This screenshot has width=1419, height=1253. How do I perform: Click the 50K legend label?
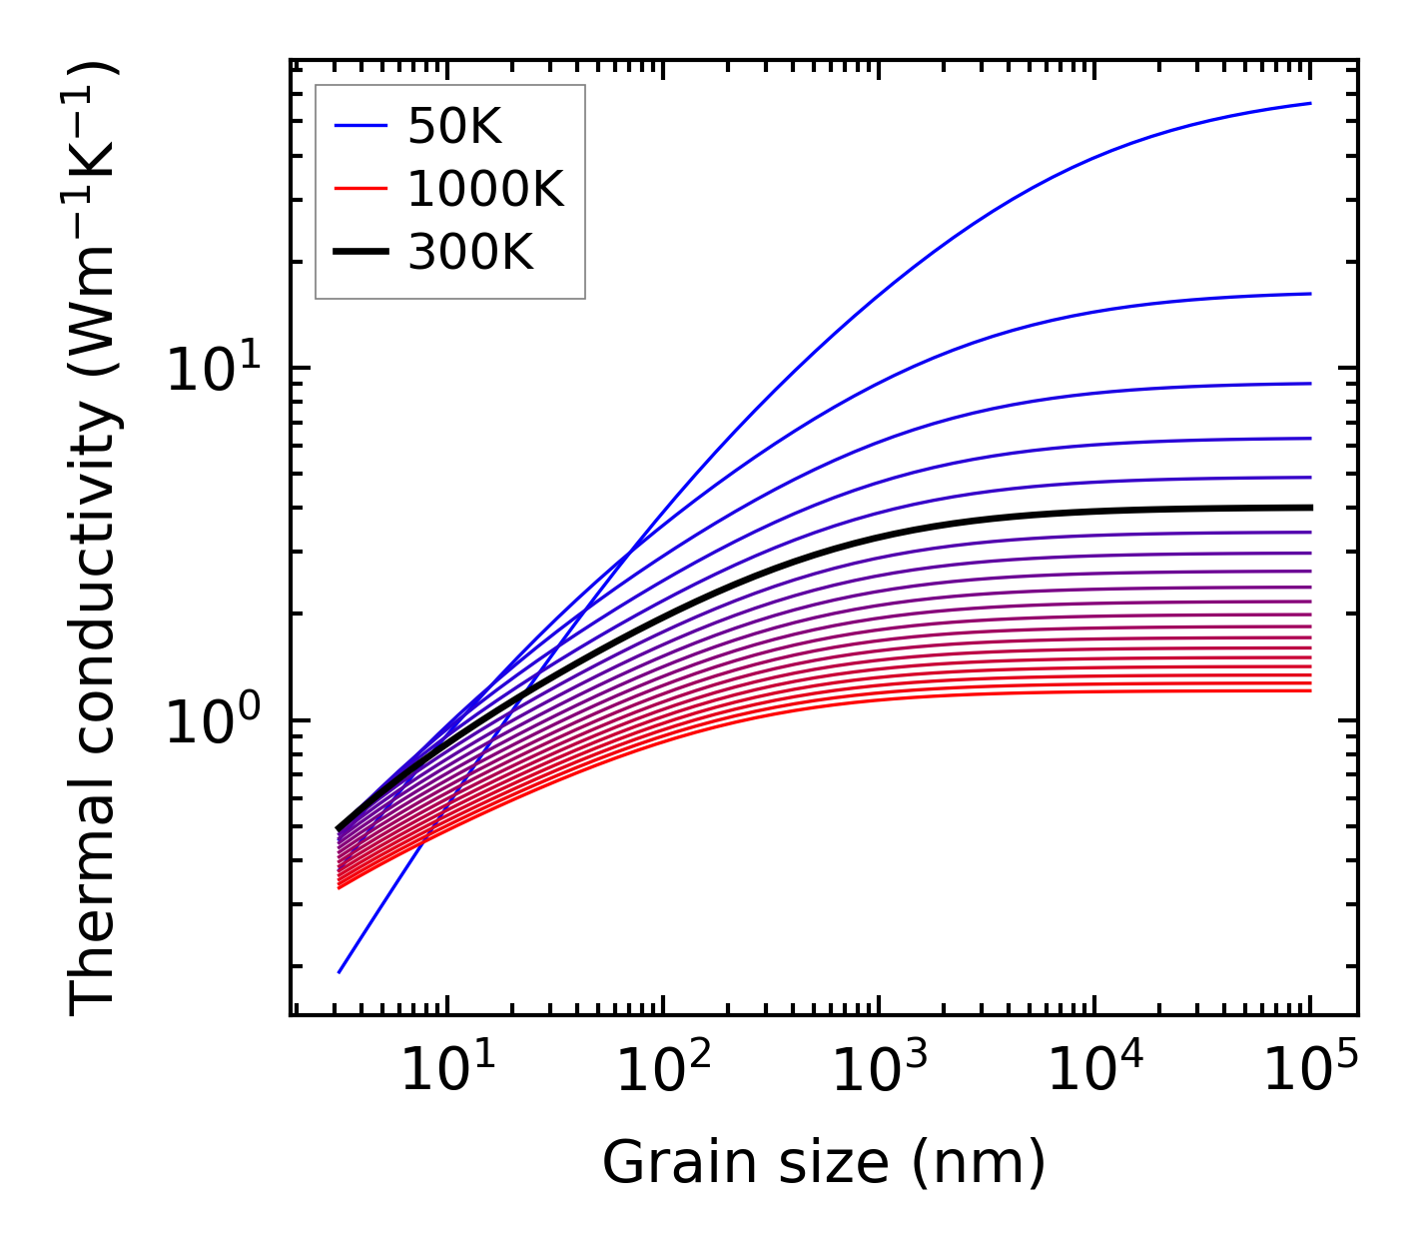coord(454,127)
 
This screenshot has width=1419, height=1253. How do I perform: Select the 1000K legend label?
coord(485,189)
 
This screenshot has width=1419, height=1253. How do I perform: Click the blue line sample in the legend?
coord(359,126)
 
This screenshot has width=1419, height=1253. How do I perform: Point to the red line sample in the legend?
coord(359,189)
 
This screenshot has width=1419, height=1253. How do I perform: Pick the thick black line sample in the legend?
coord(359,253)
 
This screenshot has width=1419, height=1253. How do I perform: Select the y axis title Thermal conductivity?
coord(95,540)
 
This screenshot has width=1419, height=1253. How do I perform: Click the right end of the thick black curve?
coord(1309,508)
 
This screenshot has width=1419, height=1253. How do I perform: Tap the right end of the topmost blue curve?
coord(1309,103)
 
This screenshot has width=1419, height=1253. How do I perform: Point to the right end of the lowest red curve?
coord(1309,690)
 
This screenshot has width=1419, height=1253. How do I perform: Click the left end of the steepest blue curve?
coord(341,971)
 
